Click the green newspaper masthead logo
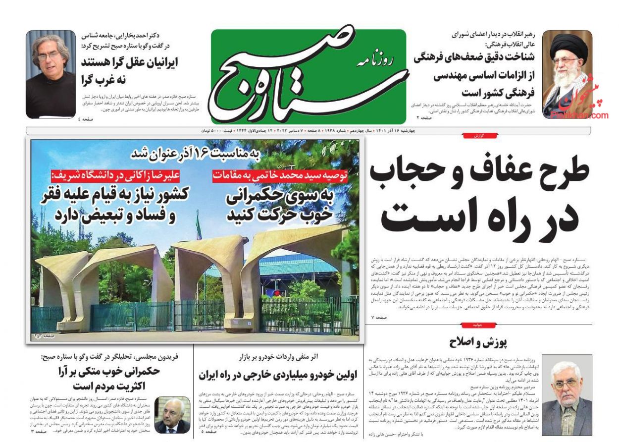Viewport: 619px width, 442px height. pyautogui.click(x=308, y=76)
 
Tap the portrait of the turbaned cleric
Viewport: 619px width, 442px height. pyautogui.click(x=567, y=74)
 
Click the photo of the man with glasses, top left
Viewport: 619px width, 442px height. pyautogui.click(x=51, y=74)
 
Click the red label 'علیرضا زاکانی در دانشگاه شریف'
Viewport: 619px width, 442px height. pyautogui.click(x=118, y=175)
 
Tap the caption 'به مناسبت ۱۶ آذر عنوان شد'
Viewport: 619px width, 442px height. pyautogui.click(x=195, y=154)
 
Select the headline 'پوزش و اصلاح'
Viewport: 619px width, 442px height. pyautogui.click(x=478, y=342)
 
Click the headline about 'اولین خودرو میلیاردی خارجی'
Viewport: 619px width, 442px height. pyautogui.click(x=278, y=375)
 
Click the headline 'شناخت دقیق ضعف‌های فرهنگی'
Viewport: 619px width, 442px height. pyautogui.click(x=474, y=57)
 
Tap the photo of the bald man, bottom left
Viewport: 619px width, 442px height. pyautogui.click(x=172, y=414)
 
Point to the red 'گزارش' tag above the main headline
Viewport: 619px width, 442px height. pyautogui.click(x=479, y=135)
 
